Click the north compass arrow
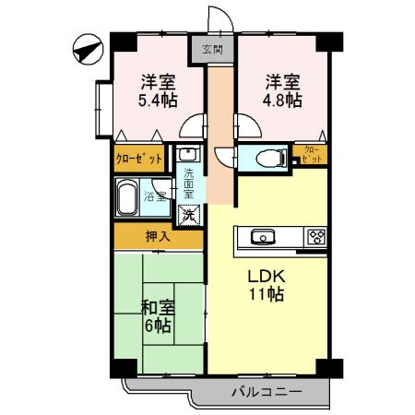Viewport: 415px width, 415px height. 86,47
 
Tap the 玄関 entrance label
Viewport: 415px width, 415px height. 211,50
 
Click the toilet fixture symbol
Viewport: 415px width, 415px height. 268,156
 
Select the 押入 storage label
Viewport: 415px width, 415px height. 158,237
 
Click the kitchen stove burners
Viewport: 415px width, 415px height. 316,235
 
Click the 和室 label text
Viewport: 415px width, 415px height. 158,306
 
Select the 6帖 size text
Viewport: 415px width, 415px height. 157,326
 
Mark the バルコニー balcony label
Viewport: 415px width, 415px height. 266,392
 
